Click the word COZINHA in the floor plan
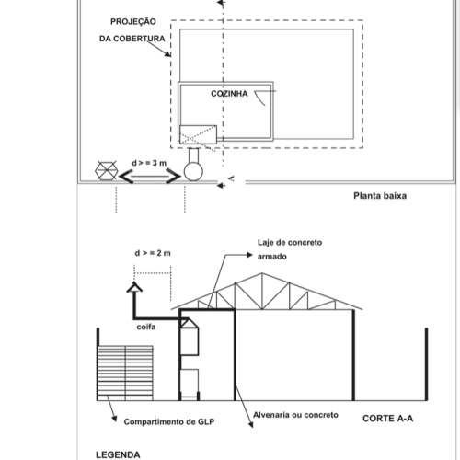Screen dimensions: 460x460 point(229,94)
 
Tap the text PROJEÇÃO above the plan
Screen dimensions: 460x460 point(133,22)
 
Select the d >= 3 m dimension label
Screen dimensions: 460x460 point(149,163)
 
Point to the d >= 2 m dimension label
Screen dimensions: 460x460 point(153,253)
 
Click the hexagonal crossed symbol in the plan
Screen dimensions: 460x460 point(107,170)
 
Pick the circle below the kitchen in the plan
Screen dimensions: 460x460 point(193,171)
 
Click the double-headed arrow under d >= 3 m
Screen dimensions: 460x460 point(150,177)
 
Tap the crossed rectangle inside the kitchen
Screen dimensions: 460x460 point(198,134)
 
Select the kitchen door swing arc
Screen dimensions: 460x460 point(259,99)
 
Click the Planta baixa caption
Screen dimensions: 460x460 point(380,196)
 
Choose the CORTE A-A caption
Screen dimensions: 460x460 point(387,419)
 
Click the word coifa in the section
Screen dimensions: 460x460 point(146,327)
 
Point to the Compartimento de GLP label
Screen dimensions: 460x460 point(169,422)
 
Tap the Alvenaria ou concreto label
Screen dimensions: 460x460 point(295,415)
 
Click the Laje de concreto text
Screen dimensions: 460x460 point(290,243)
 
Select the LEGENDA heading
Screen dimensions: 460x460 point(118,454)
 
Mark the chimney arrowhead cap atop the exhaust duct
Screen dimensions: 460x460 point(134,287)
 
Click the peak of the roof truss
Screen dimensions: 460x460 point(261,273)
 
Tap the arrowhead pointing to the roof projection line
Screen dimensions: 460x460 point(167,54)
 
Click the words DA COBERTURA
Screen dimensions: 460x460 point(132,39)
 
